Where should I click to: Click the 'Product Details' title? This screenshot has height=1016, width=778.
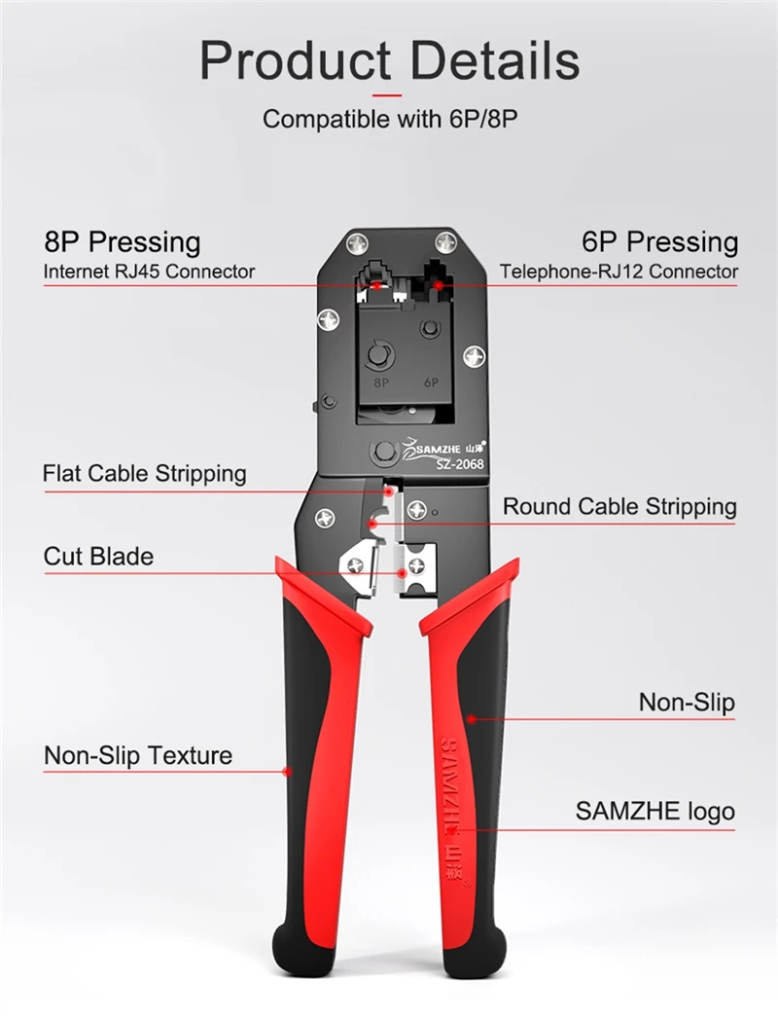click(389, 60)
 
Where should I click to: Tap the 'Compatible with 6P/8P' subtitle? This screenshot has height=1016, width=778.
click(390, 120)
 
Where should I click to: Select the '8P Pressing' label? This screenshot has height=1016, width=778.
click(123, 241)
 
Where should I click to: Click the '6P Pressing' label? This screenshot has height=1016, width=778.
click(659, 241)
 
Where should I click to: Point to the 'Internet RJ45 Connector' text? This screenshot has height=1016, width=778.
click(149, 272)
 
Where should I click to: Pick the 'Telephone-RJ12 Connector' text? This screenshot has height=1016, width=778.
click(619, 272)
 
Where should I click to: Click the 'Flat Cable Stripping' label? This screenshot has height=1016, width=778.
click(144, 474)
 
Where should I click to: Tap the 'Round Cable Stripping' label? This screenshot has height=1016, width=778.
click(620, 507)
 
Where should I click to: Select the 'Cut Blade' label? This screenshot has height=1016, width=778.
click(98, 557)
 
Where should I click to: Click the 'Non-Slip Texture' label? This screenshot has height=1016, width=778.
click(138, 755)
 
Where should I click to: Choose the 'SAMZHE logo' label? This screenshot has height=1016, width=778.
click(655, 812)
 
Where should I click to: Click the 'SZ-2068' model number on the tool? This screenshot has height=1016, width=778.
click(460, 463)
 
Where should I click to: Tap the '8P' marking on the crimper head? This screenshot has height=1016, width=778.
click(381, 382)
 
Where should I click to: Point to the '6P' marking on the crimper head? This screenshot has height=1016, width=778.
click(432, 382)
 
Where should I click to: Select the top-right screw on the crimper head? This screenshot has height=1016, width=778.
click(446, 243)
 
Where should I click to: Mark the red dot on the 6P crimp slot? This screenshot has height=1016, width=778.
click(439, 284)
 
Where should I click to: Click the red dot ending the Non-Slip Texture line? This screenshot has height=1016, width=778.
click(289, 771)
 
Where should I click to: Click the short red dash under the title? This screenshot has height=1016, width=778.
click(387, 96)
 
